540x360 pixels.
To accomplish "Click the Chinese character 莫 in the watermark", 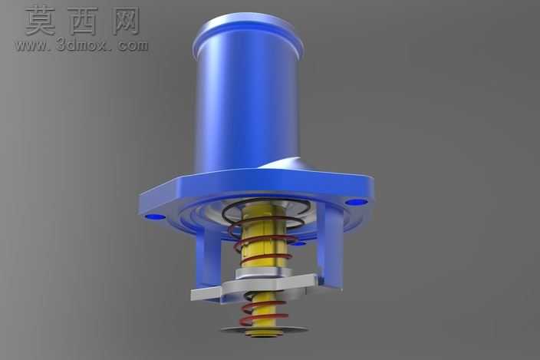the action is tap(40, 21).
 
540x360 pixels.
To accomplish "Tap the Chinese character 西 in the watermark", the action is tap(83, 21).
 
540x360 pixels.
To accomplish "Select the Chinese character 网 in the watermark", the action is tap(126, 21).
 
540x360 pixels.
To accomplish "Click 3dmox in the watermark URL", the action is tap(81, 45).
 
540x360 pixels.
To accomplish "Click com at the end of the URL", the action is tap(133, 46).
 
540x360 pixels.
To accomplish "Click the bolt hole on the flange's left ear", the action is tap(154, 216).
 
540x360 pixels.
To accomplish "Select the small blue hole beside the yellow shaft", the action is tap(298, 244).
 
